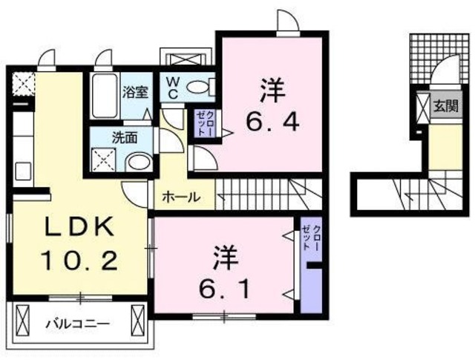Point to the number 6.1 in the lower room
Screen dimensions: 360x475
[223, 286]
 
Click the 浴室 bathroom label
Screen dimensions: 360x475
[135, 93]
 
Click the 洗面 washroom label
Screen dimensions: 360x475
[123, 137]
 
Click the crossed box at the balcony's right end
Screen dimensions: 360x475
[138, 321]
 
